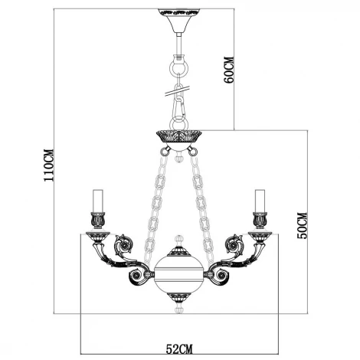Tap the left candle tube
point(97,201)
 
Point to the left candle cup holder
point(97,221)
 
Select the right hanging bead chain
point(204,199)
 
